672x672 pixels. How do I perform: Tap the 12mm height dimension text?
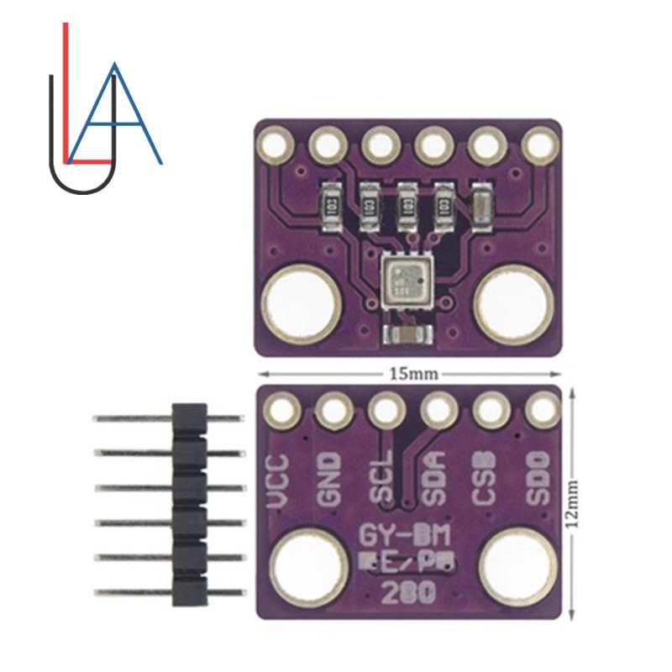pos(574,503)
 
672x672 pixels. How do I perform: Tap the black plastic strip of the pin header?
pos(189,504)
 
